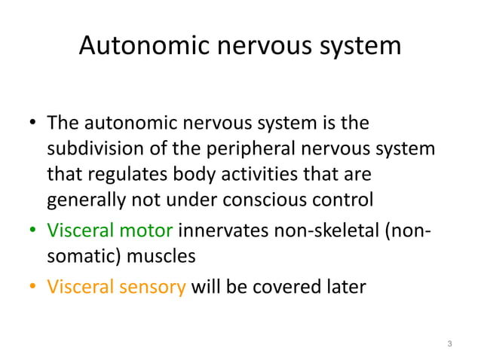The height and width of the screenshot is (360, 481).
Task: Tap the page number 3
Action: click(x=449, y=344)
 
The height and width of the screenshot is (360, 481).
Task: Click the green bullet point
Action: click(x=32, y=229)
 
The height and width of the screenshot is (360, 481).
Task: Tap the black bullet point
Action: click(x=32, y=123)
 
